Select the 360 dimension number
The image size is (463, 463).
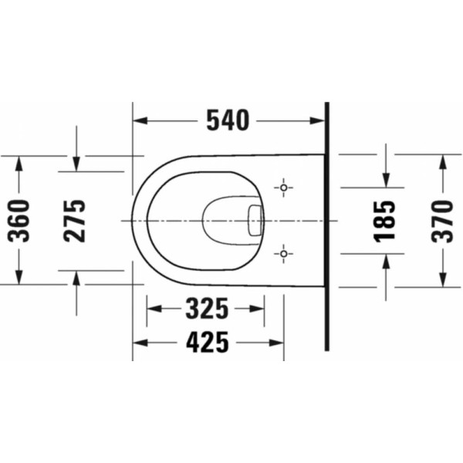[19, 220]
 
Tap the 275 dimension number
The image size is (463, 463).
[75, 220]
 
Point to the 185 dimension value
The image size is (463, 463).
[385, 220]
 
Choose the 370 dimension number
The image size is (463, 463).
[442, 220]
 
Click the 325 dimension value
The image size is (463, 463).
[207, 309]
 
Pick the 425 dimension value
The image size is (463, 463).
[207, 341]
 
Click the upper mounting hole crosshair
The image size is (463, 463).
[284, 188]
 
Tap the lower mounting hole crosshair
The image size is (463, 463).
[284, 252]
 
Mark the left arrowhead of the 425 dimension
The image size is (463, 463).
[139, 341]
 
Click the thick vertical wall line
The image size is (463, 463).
[327, 231]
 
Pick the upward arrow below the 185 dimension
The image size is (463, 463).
[385, 260]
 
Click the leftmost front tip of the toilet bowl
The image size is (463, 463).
[133, 220]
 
